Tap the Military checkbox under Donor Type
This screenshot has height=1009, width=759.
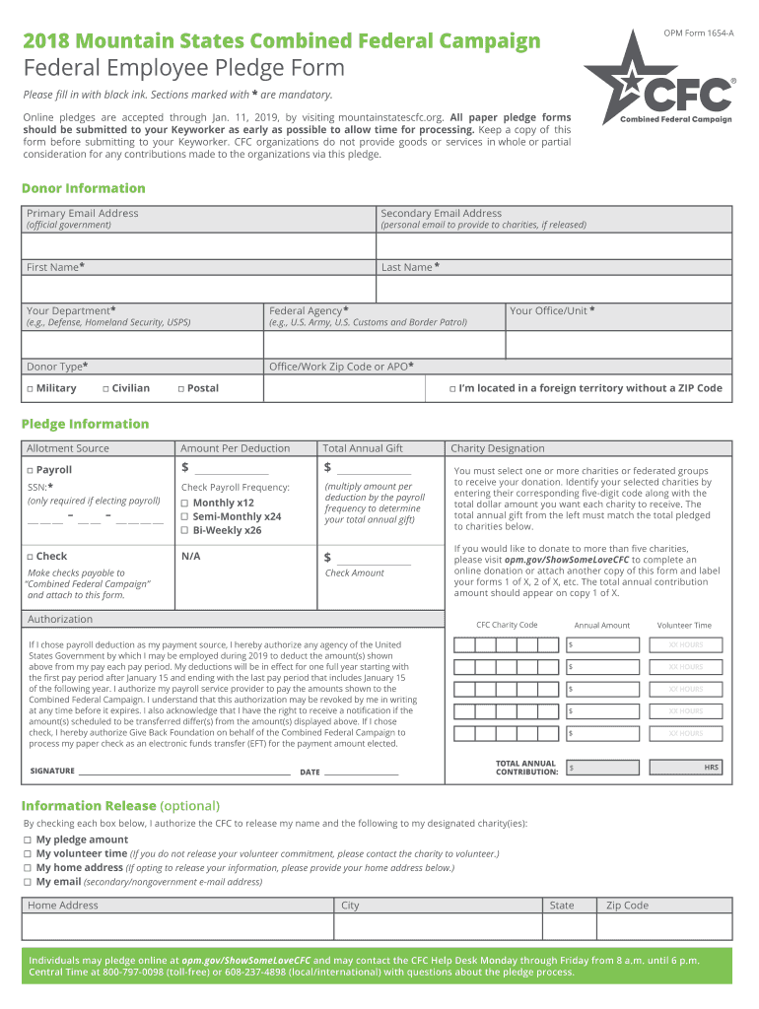pos(30,388)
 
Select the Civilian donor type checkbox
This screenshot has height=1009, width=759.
pos(105,388)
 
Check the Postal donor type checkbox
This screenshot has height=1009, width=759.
pos(181,388)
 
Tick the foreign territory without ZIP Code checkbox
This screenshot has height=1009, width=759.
pos(451,388)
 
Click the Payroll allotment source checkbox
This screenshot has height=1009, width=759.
pos(30,470)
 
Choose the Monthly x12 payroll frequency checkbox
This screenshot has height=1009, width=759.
pos(184,503)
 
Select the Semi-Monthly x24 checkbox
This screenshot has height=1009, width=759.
pos(184,516)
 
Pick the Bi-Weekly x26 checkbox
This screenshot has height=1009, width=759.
pos(184,530)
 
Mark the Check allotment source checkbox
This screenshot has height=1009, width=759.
pos(30,557)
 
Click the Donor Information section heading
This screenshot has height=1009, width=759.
pos(83,188)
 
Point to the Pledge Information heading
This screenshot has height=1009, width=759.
pos(85,424)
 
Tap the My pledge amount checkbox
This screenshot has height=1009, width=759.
pos(28,840)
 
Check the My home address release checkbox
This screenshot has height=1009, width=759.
pos(28,868)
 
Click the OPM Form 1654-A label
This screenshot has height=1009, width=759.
pos(699,34)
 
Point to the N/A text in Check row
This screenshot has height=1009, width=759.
pos(191,557)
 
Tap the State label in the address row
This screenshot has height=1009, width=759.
pos(562,906)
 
